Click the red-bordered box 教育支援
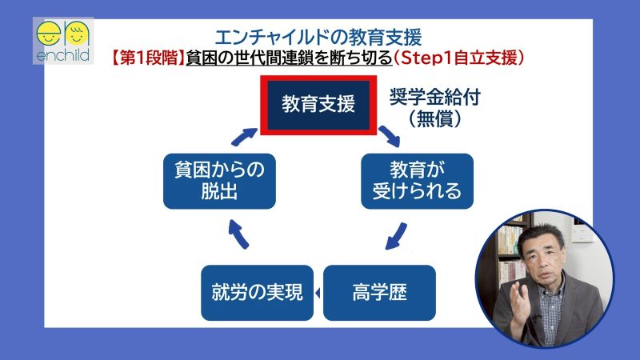point(318,105)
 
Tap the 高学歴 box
point(378,293)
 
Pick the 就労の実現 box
point(257,293)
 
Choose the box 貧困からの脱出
point(218,182)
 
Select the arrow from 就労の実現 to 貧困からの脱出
point(238,233)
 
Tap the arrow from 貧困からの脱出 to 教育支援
point(242,135)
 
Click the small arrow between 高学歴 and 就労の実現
point(318,294)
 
